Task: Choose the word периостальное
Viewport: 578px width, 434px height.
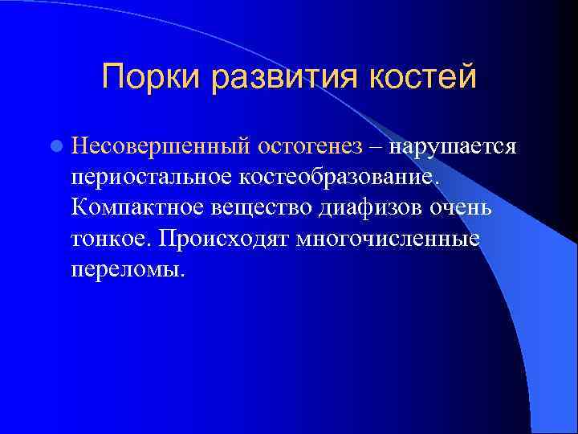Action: (152, 176)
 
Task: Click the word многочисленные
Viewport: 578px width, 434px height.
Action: (388, 237)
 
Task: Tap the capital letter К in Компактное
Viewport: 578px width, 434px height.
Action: (78, 207)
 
